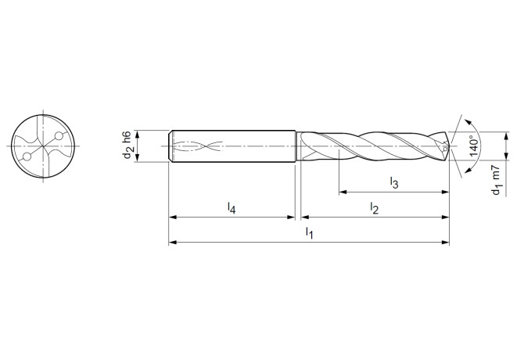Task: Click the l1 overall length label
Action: click(x=310, y=233)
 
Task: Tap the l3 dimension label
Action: click(x=394, y=183)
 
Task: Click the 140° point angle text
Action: click(x=475, y=146)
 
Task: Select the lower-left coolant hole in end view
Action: click(x=27, y=157)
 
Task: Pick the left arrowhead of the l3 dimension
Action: click(x=343, y=192)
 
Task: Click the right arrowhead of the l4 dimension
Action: click(x=291, y=217)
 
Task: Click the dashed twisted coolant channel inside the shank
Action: click(x=196, y=146)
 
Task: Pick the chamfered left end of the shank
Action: click(x=171, y=146)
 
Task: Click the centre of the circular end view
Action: click(x=43, y=146)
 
